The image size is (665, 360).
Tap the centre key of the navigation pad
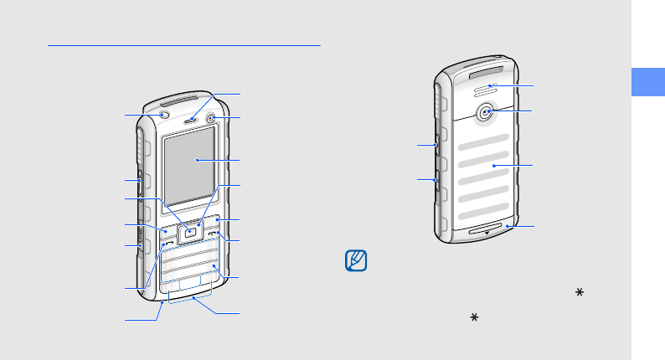192,230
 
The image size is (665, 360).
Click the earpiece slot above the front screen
192,118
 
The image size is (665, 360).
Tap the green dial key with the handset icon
169,241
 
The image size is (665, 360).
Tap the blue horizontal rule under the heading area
184,46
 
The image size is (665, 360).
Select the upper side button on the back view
437,145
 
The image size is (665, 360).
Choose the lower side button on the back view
437,178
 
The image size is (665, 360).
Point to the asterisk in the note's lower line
474,319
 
